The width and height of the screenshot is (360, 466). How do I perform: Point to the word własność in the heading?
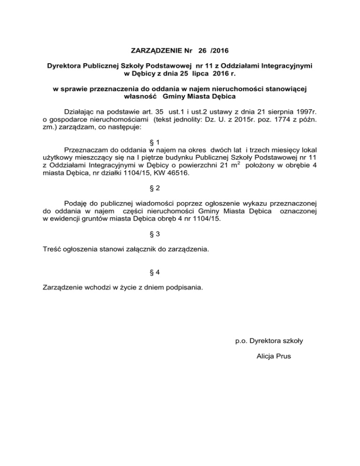coord(139,96)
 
